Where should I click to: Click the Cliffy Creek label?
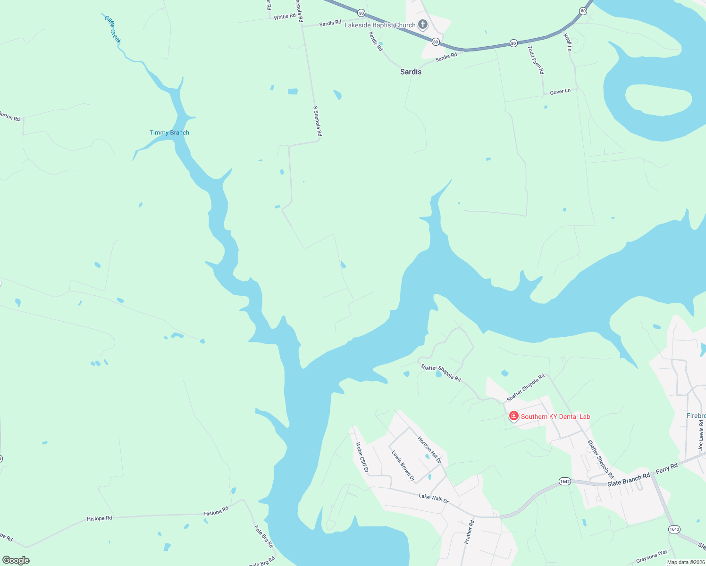113,29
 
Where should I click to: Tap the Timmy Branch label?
169,133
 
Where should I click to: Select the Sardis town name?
411,72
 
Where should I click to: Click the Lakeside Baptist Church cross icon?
423,25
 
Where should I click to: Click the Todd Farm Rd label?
536,59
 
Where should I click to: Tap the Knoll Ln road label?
568,42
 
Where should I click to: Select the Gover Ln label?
560,92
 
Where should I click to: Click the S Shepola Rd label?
318,121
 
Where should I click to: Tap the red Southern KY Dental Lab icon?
513,416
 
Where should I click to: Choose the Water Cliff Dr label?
362,457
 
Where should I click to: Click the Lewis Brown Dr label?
403,466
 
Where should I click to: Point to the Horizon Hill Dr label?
429,449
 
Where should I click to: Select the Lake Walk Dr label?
433,497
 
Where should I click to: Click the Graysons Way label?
652,557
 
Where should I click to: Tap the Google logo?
16,560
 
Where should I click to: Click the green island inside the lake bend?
658,100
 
